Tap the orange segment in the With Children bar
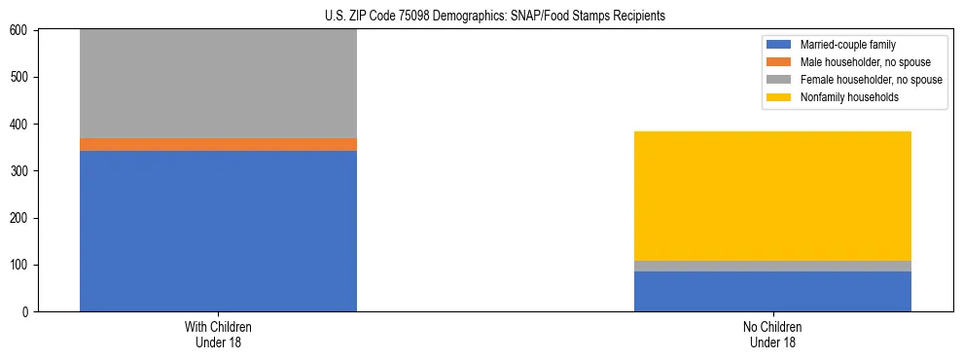tap(218, 144)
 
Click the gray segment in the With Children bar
tap(218, 84)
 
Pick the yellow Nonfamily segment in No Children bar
tap(772, 196)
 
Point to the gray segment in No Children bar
tap(772, 266)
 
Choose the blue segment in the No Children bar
tap(772, 291)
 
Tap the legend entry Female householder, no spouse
tap(871, 80)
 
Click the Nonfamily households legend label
tap(849, 97)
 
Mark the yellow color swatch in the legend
tap(779, 97)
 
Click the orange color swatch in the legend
tap(779, 62)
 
